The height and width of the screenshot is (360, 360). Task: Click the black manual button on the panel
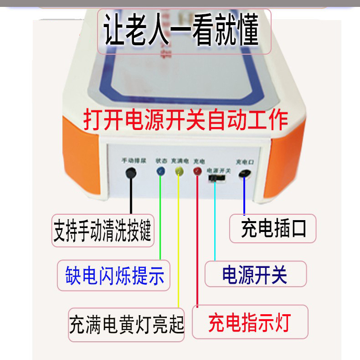coord(131,172)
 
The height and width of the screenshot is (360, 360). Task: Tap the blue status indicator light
coord(160,171)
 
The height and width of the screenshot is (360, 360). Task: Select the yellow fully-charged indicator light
coord(179,171)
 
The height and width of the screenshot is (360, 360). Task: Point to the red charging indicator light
coord(197,171)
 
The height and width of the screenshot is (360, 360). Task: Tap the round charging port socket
coord(244,174)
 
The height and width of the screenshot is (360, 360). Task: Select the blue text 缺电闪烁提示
coord(114,275)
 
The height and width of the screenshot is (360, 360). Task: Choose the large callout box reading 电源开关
coord(255,274)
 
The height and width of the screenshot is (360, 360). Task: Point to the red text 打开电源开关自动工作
coord(185,120)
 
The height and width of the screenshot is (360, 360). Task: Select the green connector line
coord(160,222)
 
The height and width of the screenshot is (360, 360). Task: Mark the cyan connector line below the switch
coord(215,222)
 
